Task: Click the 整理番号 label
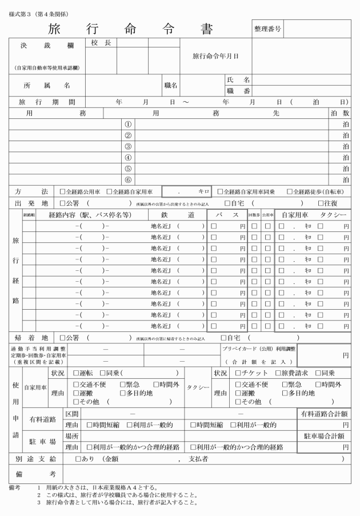point(265,28)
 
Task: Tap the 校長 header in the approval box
point(100,43)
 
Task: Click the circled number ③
point(128,146)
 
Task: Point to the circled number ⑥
point(128,179)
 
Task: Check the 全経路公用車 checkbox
point(63,191)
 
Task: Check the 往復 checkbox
point(321,203)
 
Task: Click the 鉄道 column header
point(175,215)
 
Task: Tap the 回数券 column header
point(254,215)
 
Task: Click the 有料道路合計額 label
point(324,413)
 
